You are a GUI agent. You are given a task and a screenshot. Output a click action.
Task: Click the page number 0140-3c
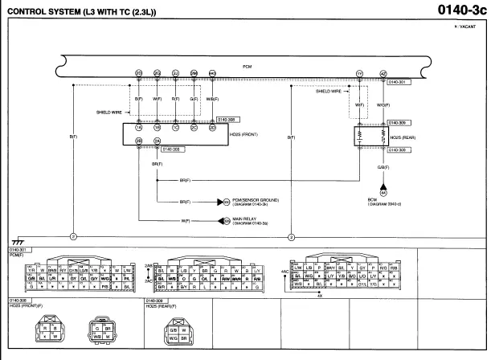pyautogui.click(x=461, y=10)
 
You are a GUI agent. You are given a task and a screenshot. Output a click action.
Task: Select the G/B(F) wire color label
pyautogui.click(x=384, y=167)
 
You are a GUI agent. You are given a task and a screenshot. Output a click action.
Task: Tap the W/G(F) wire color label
pyautogui.click(x=383, y=104)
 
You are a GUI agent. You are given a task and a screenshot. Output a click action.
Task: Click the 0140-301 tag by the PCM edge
pyautogui.click(x=399, y=81)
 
